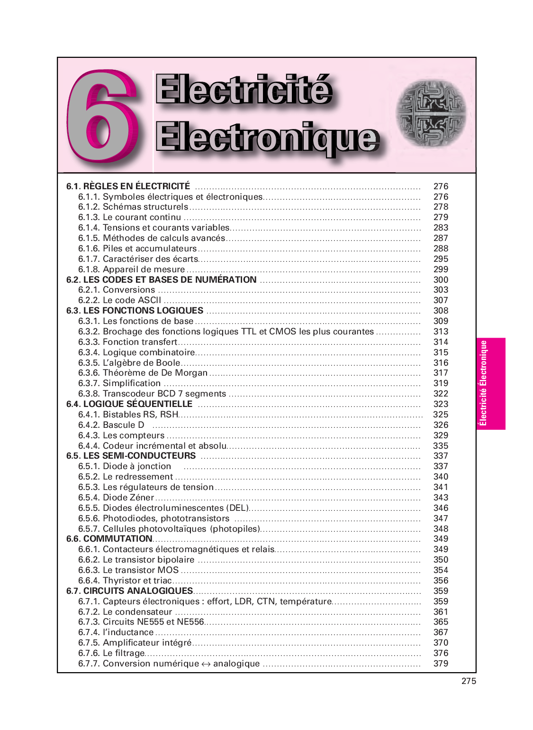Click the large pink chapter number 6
pyautogui.click(x=103, y=116)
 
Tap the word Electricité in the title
pyautogui.click(x=244, y=90)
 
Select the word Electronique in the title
pyautogui.click(x=267, y=137)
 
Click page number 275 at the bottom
pyautogui.click(x=469, y=681)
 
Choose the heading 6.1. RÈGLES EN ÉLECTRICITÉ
pyautogui.click(x=128, y=186)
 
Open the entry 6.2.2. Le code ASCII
pyautogui.click(x=120, y=300)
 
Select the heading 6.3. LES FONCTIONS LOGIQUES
pyautogui.click(x=135, y=311)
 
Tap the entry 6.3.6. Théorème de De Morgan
pyautogui.click(x=143, y=373)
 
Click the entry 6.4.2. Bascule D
pyautogui.click(x=111, y=425)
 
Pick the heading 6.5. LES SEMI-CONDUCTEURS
pyautogui.click(x=131, y=456)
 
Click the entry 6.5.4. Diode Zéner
pyautogui.click(x=117, y=498)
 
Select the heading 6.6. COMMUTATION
pyautogui.click(x=109, y=539)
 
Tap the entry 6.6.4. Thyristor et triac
pyautogui.click(x=125, y=581)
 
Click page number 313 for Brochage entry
pyautogui.click(x=441, y=332)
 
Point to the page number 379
pyautogui.click(x=441, y=664)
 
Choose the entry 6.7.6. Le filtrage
pyautogui.click(x=111, y=653)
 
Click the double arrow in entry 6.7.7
pyautogui.click(x=206, y=664)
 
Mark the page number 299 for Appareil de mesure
pyautogui.click(x=441, y=269)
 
